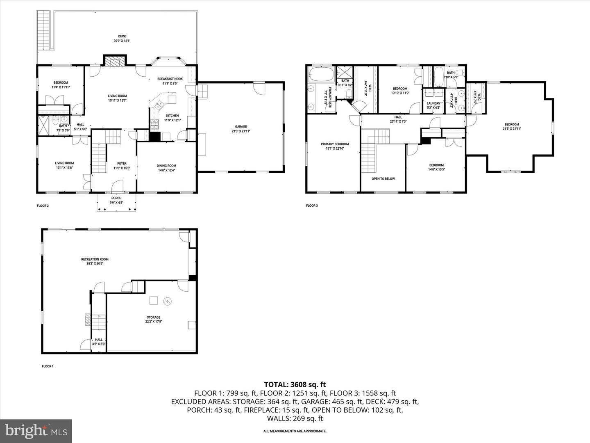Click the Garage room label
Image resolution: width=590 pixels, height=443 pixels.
coord(241,127)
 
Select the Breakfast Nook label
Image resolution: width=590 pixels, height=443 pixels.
coord(170,79)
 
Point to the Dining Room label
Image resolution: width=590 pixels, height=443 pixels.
coord(166,166)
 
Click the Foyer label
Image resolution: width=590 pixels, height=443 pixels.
coord(122,164)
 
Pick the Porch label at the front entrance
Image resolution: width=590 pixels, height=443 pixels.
coord(116,198)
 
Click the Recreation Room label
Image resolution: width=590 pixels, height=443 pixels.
coord(95,259)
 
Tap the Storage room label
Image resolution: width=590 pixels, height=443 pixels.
coord(154,317)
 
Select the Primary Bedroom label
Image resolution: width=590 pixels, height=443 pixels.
coord(335,144)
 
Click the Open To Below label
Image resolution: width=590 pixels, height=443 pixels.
coord(383,179)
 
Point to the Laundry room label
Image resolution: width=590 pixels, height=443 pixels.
coord(433,103)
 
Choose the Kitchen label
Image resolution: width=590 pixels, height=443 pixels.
coord(172,116)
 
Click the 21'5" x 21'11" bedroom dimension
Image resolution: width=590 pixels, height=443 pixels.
coord(511,128)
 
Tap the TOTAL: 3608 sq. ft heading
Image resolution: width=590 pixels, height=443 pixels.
coord(295,384)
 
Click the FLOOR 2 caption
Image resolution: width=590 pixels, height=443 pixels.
coord(43,206)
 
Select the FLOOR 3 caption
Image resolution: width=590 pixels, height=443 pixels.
coord(312,206)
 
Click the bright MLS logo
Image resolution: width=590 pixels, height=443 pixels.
coord(36,431)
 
